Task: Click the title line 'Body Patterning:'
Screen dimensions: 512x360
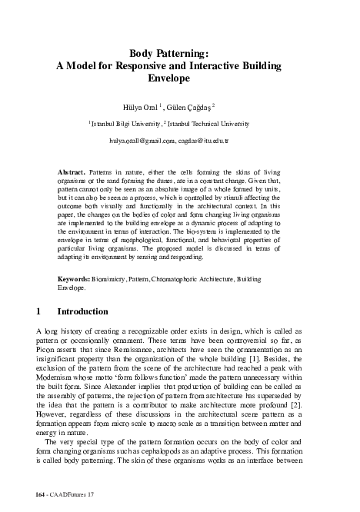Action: click(x=179, y=53)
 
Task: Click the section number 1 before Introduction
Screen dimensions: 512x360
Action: click(x=39, y=313)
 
